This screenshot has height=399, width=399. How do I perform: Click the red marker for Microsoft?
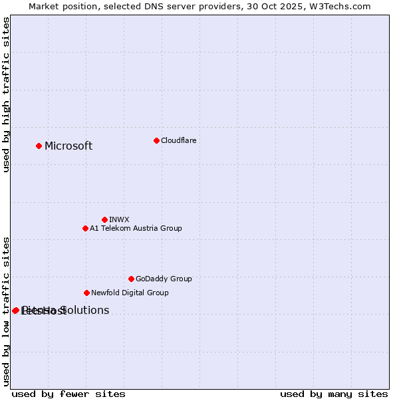39,146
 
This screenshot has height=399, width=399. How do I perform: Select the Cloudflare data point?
156,140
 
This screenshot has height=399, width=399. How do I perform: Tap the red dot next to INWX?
104,219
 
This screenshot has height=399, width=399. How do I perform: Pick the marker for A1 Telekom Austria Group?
85,228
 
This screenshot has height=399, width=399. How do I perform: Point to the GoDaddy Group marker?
131,279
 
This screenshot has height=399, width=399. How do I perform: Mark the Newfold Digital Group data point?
86,293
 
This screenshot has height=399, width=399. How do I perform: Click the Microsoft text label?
68,146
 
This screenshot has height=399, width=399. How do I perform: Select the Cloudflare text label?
178,140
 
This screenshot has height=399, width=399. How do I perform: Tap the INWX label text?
119,219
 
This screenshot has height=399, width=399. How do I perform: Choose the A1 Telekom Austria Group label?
136,228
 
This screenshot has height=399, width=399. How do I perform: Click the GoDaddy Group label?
164,279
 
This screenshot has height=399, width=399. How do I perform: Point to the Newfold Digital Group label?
130,293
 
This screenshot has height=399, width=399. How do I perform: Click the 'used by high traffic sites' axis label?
6,94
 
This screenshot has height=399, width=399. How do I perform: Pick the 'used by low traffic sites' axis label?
6,311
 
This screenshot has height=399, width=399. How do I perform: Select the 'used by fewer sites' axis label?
68,394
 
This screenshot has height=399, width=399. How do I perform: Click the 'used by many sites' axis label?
334,394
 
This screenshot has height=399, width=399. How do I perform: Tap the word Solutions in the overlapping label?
85,311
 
